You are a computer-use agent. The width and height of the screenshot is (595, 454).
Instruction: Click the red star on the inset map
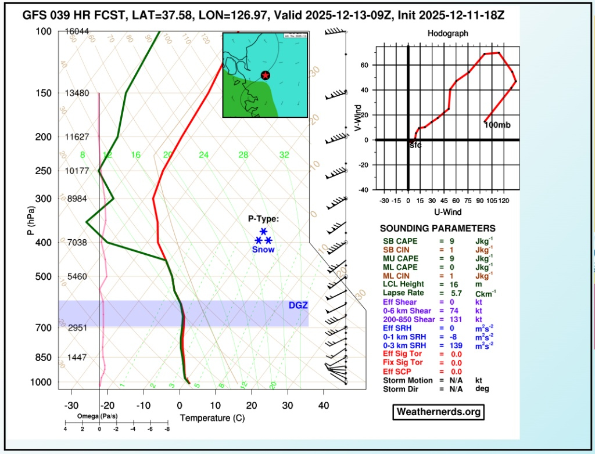point(265,75)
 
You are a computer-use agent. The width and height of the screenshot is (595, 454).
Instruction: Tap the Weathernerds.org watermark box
point(439,412)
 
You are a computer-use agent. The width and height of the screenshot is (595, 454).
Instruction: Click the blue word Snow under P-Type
point(263,250)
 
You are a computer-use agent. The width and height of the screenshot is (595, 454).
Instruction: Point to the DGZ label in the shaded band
point(297,305)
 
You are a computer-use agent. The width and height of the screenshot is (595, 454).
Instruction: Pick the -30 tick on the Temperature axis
point(71,406)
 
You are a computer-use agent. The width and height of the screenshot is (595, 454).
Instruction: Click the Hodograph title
point(447,34)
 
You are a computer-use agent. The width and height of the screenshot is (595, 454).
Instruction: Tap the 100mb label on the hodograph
point(497,125)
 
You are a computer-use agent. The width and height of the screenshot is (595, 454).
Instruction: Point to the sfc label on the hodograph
point(415,145)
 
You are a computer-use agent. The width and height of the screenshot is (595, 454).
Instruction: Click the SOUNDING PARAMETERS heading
point(438,229)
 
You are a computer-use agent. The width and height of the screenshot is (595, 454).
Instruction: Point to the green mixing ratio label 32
point(284,155)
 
